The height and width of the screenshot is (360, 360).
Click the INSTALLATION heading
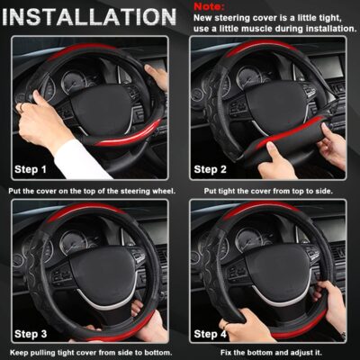pos(90,17)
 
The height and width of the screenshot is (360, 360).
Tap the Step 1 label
pos(37,168)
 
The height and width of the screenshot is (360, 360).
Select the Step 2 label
pos(217,168)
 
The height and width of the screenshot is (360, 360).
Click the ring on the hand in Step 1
pos(20,106)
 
